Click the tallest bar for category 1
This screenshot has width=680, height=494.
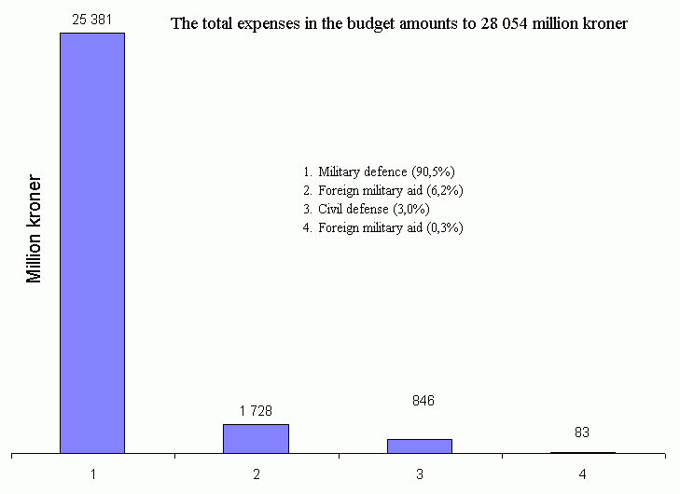pos(92,242)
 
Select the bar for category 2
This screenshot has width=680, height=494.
pos(256,439)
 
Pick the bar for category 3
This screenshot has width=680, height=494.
pos(419,446)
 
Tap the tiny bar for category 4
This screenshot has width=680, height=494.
pos(583,453)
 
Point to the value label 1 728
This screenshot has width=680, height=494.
pos(256,409)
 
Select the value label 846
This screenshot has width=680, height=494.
pos(423,401)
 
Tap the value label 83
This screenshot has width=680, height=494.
pos(583,432)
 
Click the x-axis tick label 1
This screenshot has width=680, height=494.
pos(93,473)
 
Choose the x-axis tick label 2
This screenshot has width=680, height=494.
pos(257,473)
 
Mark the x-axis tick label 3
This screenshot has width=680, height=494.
pos(420,473)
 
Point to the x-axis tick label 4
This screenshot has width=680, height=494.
pos(583,473)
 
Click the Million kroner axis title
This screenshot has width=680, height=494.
pos(35,228)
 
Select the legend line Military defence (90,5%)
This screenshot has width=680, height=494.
pos(385,172)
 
